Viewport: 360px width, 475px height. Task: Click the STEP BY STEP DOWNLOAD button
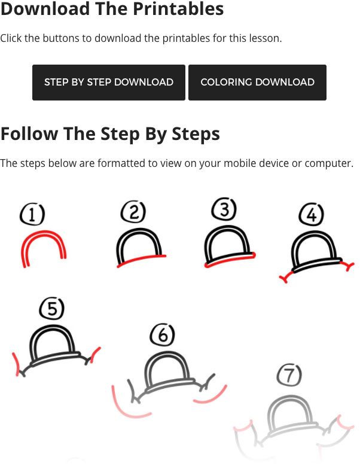[x=109, y=83]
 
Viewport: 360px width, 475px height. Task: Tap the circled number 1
[x=32, y=215]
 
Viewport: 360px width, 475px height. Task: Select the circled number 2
[x=133, y=211]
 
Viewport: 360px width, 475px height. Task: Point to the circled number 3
[x=224, y=209]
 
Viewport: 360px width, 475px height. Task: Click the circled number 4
[x=311, y=215]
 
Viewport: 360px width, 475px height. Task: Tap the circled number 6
[x=163, y=335]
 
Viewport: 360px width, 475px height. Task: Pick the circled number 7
[x=289, y=374]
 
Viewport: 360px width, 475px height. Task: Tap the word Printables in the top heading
[x=178, y=8]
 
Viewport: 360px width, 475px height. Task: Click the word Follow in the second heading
[x=29, y=133]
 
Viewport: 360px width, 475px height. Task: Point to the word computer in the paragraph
[x=328, y=163]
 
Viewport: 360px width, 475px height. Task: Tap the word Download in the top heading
[x=45, y=8]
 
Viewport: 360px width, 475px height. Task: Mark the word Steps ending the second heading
[x=196, y=134]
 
